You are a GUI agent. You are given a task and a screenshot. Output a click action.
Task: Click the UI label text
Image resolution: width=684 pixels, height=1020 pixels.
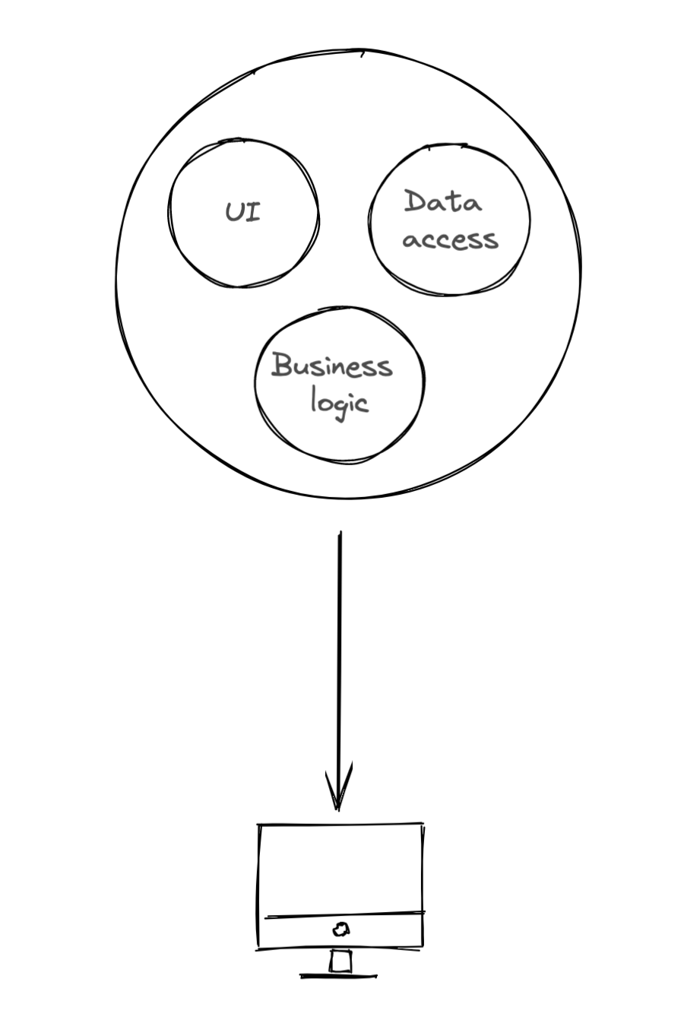click(243, 212)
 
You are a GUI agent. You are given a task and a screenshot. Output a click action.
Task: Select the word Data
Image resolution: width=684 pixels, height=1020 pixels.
click(442, 202)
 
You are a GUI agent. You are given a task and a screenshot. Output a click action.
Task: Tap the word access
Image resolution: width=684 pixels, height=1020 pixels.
click(450, 239)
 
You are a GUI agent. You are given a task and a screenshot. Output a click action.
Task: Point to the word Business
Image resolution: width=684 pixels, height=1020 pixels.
click(331, 366)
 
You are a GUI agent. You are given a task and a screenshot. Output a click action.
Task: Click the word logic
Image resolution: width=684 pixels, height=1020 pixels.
click(339, 401)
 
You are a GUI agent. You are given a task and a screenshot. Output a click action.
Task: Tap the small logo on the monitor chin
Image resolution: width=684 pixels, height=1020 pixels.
click(341, 929)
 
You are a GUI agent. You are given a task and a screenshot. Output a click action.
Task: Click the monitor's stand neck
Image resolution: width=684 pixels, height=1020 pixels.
click(341, 961)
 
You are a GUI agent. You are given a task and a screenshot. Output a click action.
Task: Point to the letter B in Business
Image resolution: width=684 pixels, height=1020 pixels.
click(282, 365)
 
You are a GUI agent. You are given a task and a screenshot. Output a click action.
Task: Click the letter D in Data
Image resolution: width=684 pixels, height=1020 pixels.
click(415, 201)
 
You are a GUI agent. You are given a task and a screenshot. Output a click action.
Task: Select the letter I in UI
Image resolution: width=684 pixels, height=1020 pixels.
click(254, 212)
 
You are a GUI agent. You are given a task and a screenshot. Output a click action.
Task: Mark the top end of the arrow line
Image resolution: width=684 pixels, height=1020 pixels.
click(340, 534)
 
